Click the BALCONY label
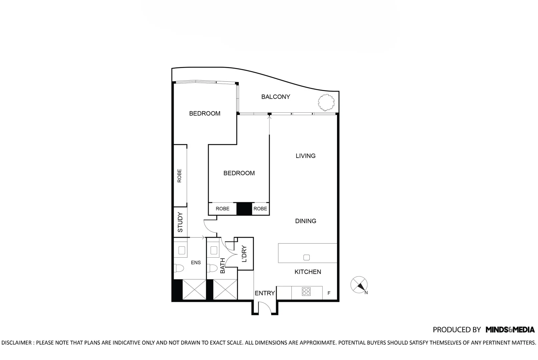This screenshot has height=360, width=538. (x=275, y=97)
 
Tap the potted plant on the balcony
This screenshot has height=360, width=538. (x=326, y=102)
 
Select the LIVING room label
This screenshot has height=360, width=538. (x=305, y=156)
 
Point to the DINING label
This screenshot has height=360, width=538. (x=305, y=221)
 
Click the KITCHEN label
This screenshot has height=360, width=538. (x=308, y=272)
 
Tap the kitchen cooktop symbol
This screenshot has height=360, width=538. (x=306, y=292)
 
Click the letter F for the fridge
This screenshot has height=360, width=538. (x=329, y=293)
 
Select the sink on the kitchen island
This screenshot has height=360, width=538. (x=307, y=257)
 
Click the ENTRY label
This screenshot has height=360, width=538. (x=265, y=293)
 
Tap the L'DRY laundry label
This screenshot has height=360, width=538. (x=244, y=254)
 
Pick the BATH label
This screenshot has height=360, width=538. (x=223, y=266)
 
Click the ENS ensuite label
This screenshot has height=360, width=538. (x=196, y=263)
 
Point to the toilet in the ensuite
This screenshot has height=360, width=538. (x=179, y=268)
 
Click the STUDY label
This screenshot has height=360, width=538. (x=180, y=222)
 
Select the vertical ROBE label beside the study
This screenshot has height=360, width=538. (x=179, y=176)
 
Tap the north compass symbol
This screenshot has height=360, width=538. (x=359, y=285)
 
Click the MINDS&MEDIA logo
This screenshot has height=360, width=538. (x=510, y=330)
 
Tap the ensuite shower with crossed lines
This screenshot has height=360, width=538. (x=194, y=289)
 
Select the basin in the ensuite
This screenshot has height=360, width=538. (x=182, y=250)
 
